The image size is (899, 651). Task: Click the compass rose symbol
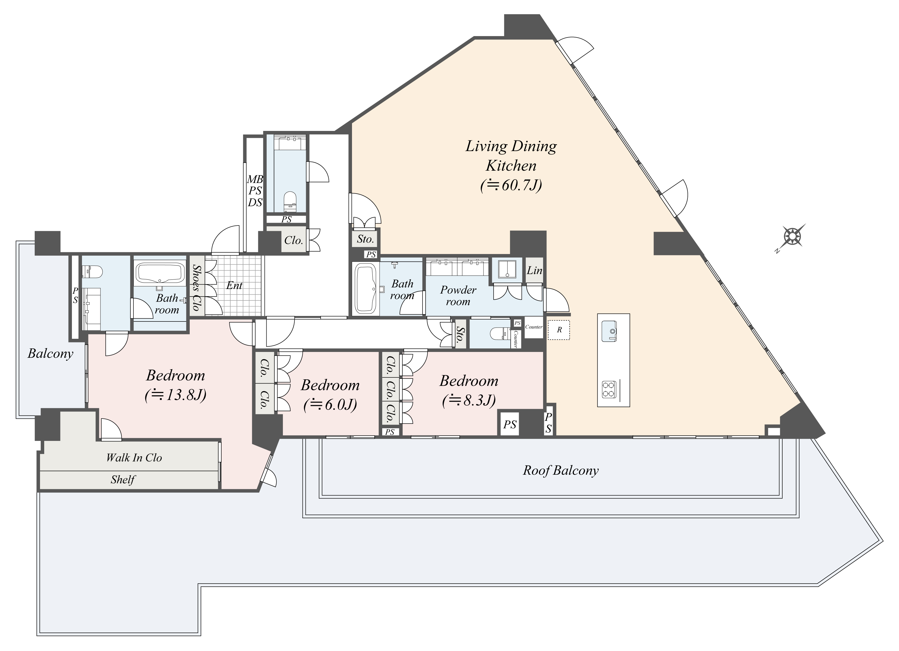click(792, 237)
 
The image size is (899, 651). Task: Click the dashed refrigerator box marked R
click(559, 330)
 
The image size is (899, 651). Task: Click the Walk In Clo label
click(134, 458)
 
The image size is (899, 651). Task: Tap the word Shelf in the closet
click(123, 480)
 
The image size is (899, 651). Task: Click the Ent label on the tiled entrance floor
click(234, 285)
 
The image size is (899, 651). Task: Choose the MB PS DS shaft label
click(255, 191)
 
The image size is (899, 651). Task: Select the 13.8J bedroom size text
click(176, 395)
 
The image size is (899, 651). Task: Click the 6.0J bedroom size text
click(330, 405)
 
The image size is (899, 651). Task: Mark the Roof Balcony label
click(560, 470)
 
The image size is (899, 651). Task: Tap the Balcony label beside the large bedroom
click(50, 353)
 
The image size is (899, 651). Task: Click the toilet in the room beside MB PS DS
click(290, 199)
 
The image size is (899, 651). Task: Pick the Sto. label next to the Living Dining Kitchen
click(365, 239)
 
